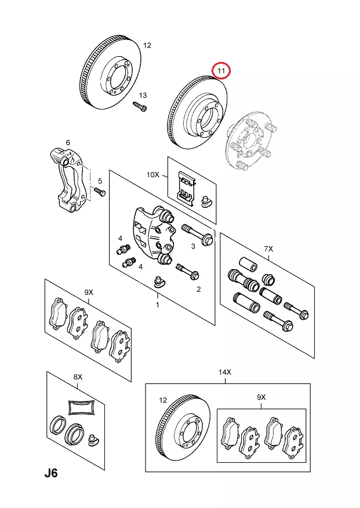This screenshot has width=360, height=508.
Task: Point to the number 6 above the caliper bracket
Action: pyautogui.click(x=68, y=142)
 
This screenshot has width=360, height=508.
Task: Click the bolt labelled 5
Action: pyautogui.click(x=99, y=193)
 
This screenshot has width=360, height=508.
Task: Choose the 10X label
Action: pyautogui.click(x=152, y=174)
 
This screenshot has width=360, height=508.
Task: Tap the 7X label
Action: pyautogui.click(x=268, y=248)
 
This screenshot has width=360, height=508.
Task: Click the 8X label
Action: pyautogui.click(x=78, y=378)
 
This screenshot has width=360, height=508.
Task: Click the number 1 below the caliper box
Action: pyautogui.click(x=157, y=303)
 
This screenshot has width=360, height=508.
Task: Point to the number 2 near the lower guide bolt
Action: pyautogui.click(x=198, y=289)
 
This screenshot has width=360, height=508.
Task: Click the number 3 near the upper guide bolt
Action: pyautogui.click(x=194, y=247)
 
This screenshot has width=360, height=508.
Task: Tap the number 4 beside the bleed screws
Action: pyautogui.click(x=120, y=239)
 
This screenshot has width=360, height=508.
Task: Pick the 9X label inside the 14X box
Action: pyautogui.click(x=261, y=397)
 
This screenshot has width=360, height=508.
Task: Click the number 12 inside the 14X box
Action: pyautogui.click(x=163, y=400)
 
